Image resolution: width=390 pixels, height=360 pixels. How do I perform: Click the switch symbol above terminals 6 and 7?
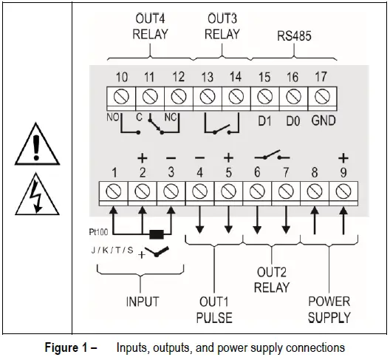270,157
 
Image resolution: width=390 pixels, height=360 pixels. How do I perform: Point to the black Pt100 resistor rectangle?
157,235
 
